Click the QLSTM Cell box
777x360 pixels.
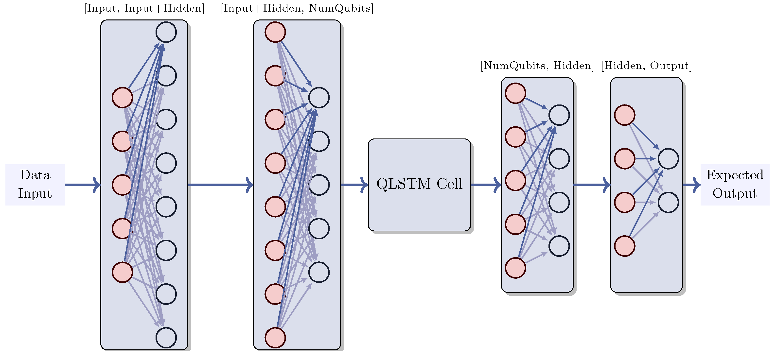tap(419, 185)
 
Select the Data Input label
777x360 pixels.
tap(35, 185)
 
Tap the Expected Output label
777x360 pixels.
tap(735, 185)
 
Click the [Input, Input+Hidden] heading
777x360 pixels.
tap(144, 8)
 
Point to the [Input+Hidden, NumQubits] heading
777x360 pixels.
tap(297, 8)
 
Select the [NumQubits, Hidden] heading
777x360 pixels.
tap(537, 66)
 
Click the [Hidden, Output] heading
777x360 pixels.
tap(646, 66)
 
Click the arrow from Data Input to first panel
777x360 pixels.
tap(82, 185)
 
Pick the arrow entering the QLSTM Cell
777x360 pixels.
tap(354, 185)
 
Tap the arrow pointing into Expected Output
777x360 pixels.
tap(691, 185)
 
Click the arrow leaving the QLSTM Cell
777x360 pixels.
tap(486, 185)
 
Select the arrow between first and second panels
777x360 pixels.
tap(220, 185)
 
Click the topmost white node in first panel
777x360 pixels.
tap(166, 32)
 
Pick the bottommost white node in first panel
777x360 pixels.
tap(166, 337)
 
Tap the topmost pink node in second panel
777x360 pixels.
tap(275, 32)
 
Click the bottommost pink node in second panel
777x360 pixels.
tap(275, 337)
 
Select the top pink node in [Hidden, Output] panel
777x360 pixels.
tap(625, 115)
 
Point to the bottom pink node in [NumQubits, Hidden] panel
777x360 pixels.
tap(515, 268)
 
